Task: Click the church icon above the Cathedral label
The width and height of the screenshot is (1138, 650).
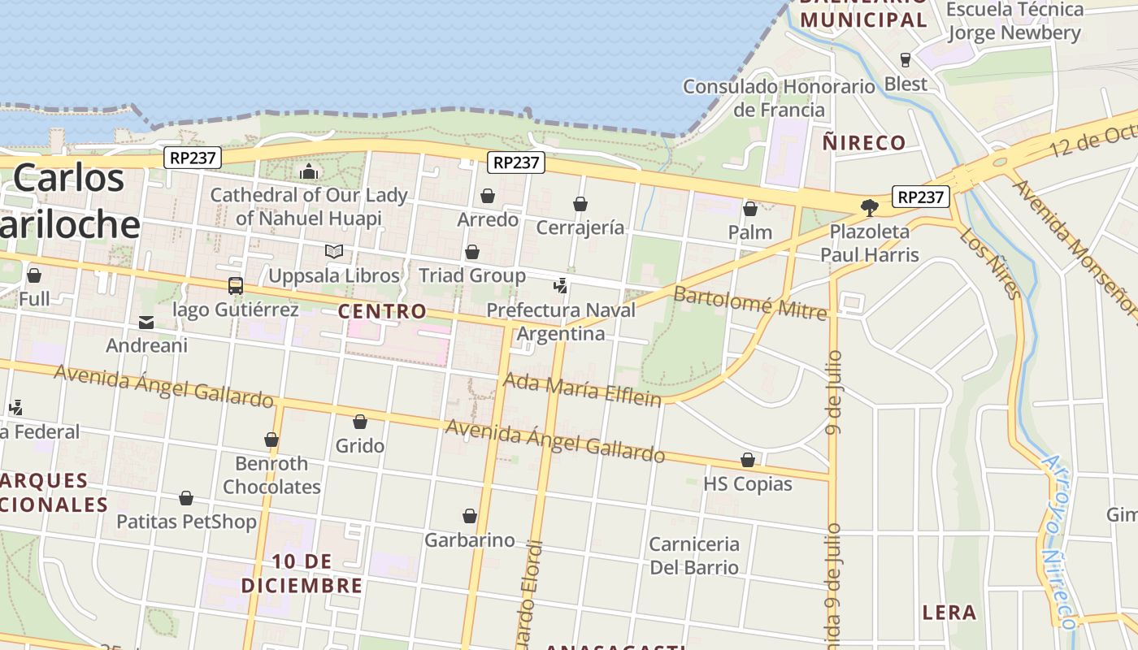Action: (309, 171)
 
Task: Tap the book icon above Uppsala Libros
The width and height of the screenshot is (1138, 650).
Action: (334, 252)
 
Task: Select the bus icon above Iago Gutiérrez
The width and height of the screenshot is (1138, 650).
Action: (236, 286)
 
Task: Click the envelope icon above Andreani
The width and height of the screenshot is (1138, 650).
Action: (146, 323)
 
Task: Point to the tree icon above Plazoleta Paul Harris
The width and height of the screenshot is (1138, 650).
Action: (869, 208)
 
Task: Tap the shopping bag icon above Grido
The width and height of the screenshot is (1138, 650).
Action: (360, 422)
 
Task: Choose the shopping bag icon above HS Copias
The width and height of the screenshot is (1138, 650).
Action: (748, 461)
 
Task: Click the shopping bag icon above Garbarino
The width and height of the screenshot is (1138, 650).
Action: (470, 516)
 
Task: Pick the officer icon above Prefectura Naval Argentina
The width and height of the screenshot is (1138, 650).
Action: (560, 286)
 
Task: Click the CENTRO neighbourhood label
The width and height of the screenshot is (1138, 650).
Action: (382, 311)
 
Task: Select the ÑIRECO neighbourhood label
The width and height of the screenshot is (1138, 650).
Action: (863, 143)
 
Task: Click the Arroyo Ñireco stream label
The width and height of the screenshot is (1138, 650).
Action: (1058, 539)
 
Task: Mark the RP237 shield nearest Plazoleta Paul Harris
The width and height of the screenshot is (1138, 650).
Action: (921, 197)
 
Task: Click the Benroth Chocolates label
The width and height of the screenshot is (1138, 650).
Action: (271, 475)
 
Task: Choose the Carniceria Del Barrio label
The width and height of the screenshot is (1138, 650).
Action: (694, 556)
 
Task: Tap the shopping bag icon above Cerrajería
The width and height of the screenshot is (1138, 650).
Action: (580, 204)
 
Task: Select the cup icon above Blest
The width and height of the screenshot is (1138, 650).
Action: (905, 60)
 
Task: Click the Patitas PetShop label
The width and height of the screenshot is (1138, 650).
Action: (186, 522)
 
